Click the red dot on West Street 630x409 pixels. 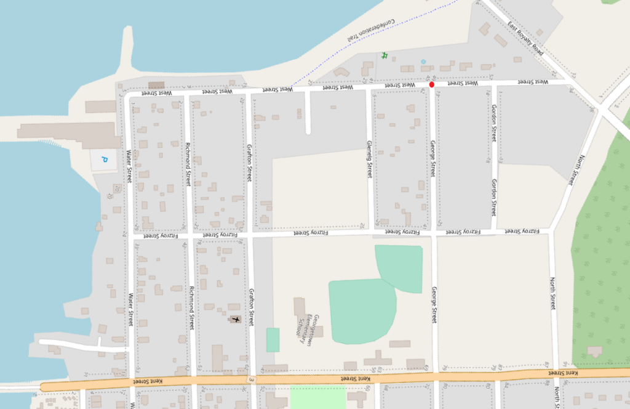(x=432, y=84)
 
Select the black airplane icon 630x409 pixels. (x=236, y=319)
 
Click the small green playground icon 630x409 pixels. (x=385, y=55)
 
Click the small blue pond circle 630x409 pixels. (x=423, y=62)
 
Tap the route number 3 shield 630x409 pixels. (x=252, y=379)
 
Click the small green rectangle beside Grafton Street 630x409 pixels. (x=273, y=340)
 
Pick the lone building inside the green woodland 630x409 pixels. (x=595, y=351)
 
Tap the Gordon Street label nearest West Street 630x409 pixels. (x=493, y=123)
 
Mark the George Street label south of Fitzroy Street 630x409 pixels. (x=434, y=304)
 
